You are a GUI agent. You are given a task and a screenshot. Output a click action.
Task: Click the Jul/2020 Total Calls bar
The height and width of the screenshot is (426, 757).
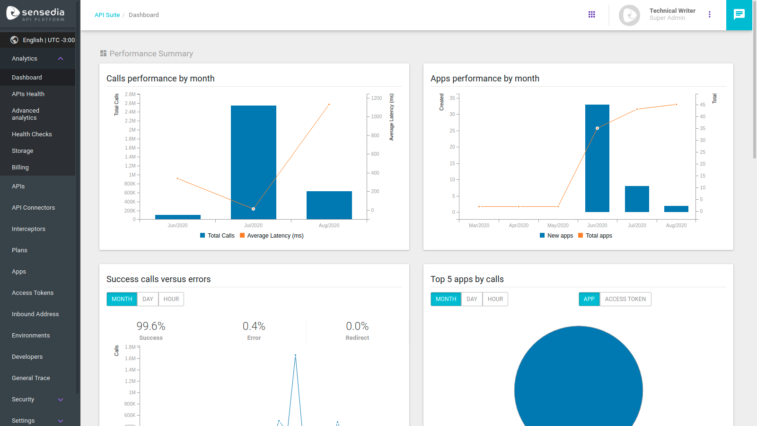tap(253, 162)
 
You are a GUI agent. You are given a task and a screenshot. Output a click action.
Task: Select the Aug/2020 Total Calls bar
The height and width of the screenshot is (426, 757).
tap(329, 205)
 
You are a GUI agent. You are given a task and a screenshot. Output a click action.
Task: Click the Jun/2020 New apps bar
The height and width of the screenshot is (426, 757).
tap(597, 158)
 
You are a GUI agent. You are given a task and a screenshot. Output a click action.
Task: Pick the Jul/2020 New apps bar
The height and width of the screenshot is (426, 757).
tap(637, 199)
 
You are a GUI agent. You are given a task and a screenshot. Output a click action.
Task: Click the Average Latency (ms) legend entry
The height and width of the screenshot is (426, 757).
tap(272, 236)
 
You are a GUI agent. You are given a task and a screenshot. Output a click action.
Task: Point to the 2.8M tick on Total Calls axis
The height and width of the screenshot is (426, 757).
tap(130, 94)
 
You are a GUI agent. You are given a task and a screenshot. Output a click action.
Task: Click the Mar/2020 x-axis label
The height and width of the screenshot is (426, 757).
tap(479, 225)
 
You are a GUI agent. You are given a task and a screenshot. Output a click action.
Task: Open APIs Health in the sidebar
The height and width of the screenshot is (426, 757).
tap(28, 94)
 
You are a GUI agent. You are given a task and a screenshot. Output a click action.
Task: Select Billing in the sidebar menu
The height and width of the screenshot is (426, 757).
tap(20, 168)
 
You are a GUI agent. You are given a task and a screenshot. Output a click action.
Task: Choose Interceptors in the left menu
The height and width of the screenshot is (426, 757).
tap(29, 229)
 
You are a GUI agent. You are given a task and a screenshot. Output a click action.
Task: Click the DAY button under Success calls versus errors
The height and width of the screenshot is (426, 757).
tap(148, 299)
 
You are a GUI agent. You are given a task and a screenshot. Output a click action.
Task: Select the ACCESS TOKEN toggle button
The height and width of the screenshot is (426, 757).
tap(625, 299)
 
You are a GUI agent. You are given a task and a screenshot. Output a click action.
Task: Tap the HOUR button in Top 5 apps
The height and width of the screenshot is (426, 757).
tap(495, 299)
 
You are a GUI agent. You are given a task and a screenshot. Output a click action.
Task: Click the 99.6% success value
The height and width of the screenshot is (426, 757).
tap(151, 326)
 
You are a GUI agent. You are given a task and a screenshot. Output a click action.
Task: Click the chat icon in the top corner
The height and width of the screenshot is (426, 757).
tap(739, 15)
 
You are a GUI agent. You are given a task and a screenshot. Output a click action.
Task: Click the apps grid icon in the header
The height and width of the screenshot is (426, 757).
tap(591, 15)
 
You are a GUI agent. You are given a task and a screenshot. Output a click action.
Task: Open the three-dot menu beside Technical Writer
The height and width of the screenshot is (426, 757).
tap(709, 15)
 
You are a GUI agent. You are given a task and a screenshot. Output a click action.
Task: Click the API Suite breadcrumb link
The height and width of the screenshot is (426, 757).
tap(107, 15)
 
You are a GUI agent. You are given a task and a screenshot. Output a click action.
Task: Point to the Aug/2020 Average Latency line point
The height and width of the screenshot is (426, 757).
tap(329, 104)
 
